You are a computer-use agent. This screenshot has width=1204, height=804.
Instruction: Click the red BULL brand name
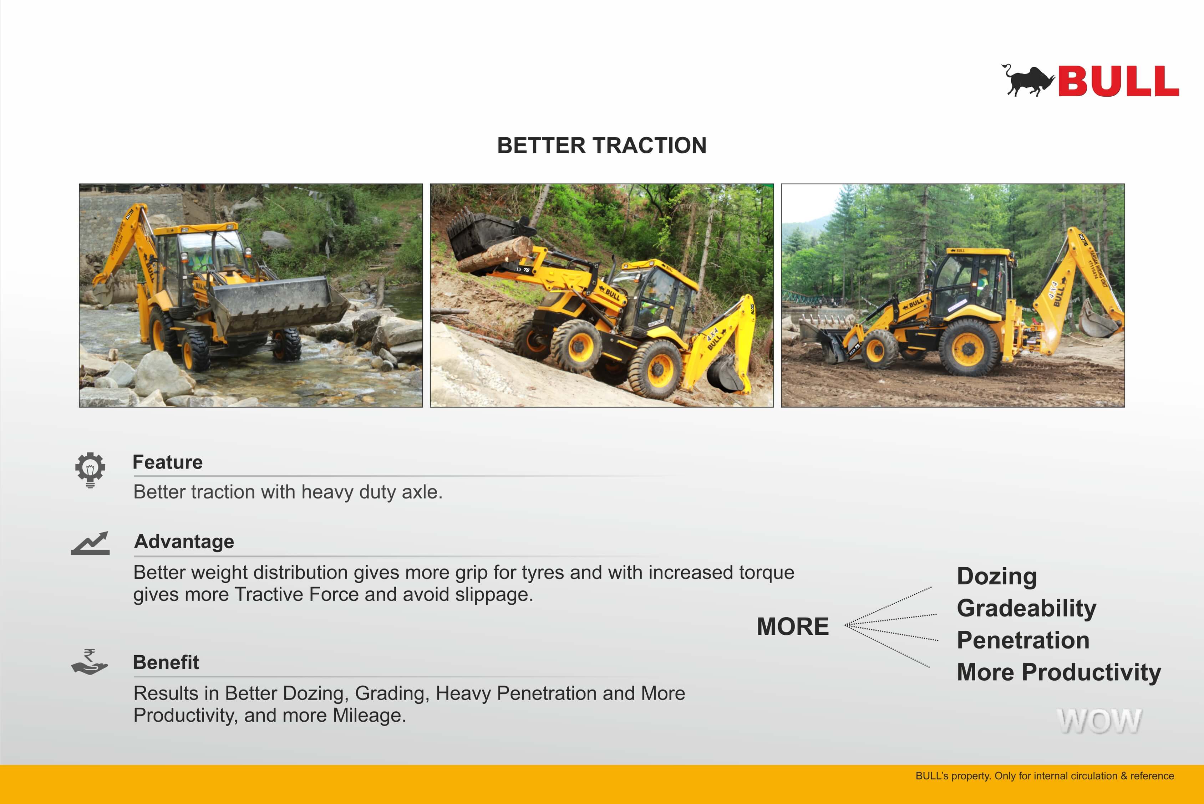(1118, 81)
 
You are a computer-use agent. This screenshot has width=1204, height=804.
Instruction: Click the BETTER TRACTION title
(602, 145)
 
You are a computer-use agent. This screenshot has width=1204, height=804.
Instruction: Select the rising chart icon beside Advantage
(90, 543)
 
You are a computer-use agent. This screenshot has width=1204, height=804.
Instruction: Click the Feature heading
(168, 462)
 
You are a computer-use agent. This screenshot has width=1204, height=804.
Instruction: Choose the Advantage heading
(184, 542)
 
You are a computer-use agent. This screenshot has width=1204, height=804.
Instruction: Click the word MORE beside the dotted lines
(793, 626)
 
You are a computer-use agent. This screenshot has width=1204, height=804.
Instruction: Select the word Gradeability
(1026, 609)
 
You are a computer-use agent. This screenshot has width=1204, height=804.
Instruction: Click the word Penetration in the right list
(1023, 640)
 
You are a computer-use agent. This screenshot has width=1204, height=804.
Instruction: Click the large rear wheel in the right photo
(969, 348)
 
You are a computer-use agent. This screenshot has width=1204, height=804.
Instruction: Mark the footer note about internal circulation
(1045, 776)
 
